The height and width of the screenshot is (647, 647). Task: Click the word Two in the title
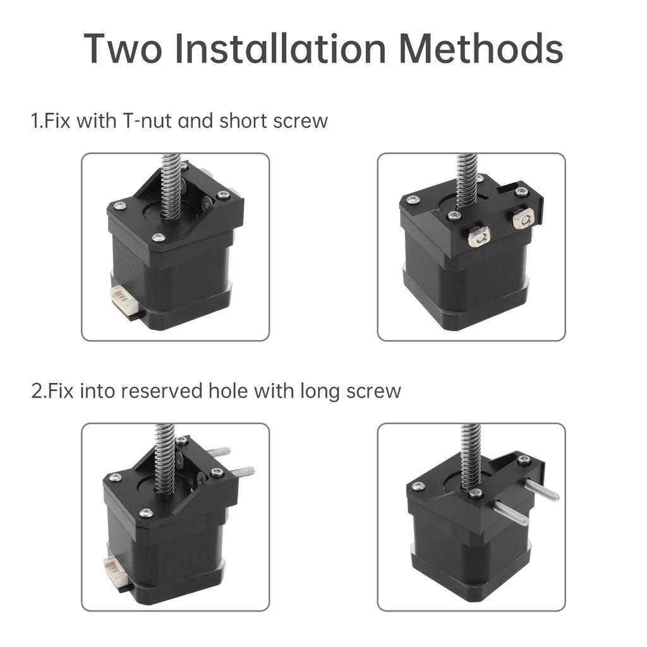point(123,48)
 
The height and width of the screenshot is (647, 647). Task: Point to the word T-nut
point(143,120)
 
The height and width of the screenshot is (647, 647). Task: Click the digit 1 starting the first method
point(35,120)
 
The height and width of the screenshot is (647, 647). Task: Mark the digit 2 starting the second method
point(37,390)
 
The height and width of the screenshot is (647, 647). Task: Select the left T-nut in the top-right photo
point(478,237)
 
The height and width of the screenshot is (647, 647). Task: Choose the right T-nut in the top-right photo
point(523,219)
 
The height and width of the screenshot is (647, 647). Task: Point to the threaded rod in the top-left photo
point(171,186)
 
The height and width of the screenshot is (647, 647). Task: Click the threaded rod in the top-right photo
point(467,180)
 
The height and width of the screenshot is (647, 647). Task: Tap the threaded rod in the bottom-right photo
point(471,455)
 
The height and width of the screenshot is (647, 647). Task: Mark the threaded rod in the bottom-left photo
point(164,458)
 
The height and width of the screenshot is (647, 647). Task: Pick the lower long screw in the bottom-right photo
point(511,513)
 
